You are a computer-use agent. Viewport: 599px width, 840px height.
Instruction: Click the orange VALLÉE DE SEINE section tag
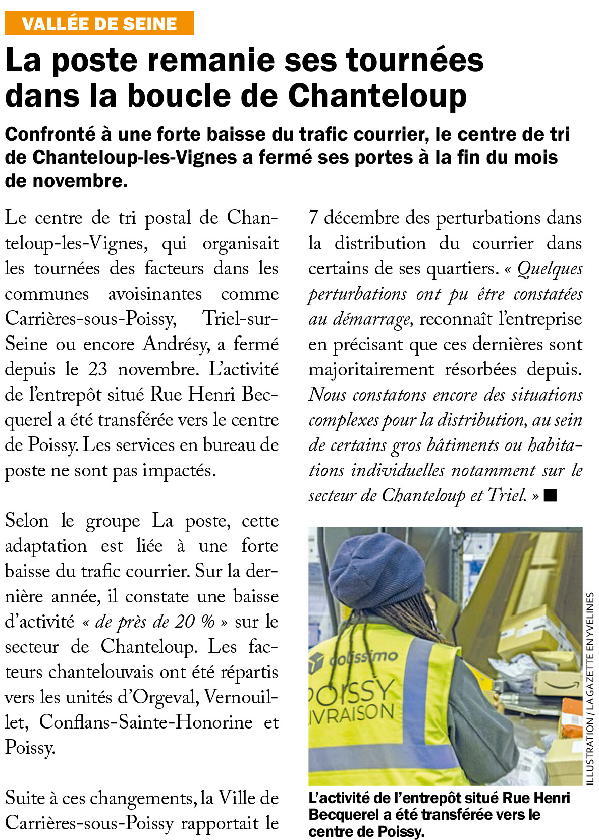(x=99, y=24)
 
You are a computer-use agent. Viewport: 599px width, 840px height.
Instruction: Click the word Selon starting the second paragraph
(x=27, y=521)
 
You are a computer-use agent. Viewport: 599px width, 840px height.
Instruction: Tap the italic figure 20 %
(x=194, y=622)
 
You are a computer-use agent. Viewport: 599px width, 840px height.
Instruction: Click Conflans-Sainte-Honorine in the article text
(x=146, y=722)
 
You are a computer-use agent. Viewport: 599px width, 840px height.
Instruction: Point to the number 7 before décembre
(x=313, y=218)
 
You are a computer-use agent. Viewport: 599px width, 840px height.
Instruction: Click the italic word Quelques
(x=550, y=269)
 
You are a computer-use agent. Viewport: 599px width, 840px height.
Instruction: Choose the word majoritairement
(x=371, y=369)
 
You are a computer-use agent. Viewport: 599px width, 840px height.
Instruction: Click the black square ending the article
(x=550, y=496)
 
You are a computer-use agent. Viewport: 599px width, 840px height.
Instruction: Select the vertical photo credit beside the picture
(x=590, y=689)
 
